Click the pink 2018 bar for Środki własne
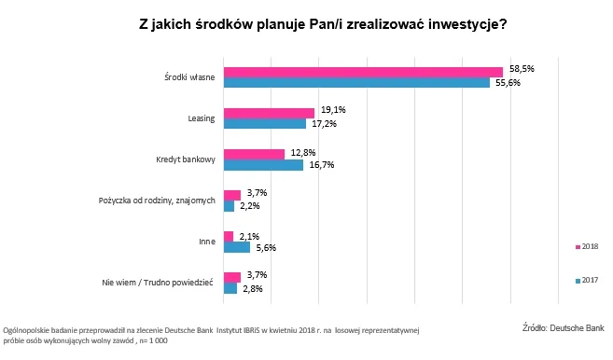[x=363, y=72]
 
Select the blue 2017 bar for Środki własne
[x=356, y=83]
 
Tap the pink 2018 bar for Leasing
[x=269, y=113]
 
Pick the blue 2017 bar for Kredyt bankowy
[x=263, y=165]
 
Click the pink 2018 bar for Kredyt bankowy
[x=254, y=154]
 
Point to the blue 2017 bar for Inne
[x=237, y=247]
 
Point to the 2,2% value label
[x=250, y=206]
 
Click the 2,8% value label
[x=253, y=288]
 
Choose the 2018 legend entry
[x=587, y=246]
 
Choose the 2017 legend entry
[x=587, y=280]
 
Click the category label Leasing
[x=202, y=118]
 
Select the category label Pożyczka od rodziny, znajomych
[x=158, y=201]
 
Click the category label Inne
[x=207, y=242]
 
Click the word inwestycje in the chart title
[x=456, y=25]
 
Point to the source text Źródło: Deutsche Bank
[x=563, y=327]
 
